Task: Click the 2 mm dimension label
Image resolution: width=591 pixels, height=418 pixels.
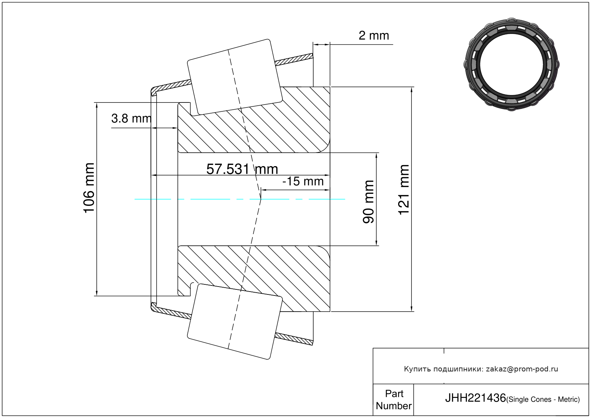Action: coord(373,35)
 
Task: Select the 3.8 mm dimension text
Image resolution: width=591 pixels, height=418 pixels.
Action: coord(131,119)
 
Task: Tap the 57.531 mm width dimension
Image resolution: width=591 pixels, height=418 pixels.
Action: coord(242,169)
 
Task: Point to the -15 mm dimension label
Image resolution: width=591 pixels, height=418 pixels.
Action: coord(303,182)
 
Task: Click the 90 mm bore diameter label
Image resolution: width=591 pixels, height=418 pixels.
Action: coord(368,202)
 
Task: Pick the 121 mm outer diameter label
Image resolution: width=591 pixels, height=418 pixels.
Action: coord(404,190)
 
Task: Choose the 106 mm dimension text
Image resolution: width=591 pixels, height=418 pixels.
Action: coord(89,188)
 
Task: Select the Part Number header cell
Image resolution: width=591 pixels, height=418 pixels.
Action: coord(394,399)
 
